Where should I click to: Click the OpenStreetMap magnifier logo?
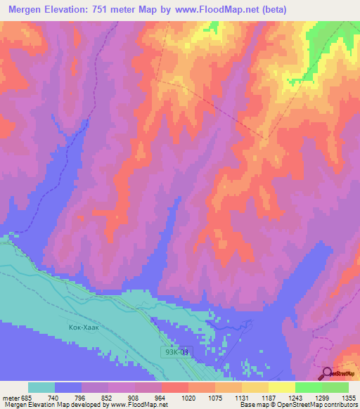[x=328, y=374]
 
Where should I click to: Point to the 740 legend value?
[x=53, y=398]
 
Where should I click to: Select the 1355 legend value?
[x=347, y=398]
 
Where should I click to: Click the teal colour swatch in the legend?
[x=41, y=387]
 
